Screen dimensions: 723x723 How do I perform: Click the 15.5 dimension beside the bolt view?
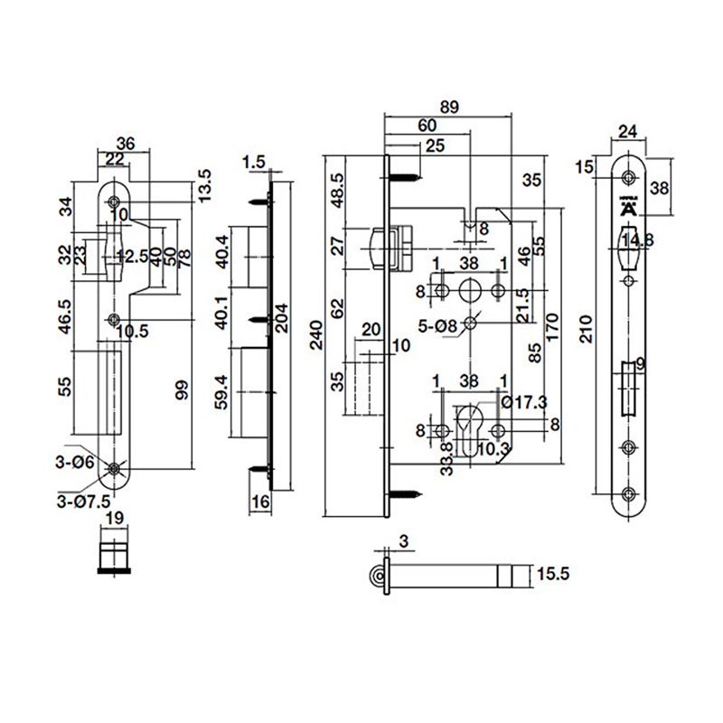[x=552, y=573]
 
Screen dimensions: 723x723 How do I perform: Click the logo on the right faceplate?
[x=629, y=207]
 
